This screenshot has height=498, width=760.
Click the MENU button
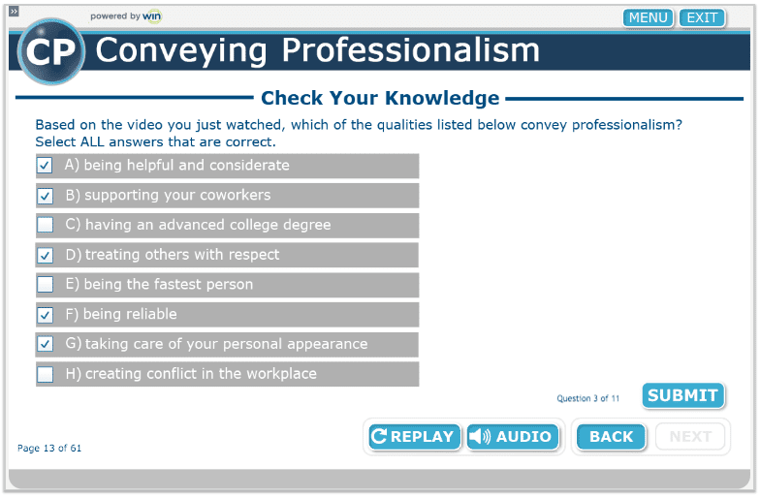click(x=649, y=17)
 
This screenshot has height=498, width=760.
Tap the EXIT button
click(x=702, y=17)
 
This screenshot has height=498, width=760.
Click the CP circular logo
click(x=50, y=51)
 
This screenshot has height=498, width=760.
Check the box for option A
click(x=46, y=166)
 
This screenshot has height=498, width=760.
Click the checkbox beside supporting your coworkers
click(x=46, y=196)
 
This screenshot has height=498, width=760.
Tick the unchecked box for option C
click(x=46, y=226)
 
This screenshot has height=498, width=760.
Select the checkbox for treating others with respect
click(x=46, y=256)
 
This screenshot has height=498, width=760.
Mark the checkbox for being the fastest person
click(x=46, y=285)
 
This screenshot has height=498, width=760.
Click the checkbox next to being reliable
click(x=46, y=315)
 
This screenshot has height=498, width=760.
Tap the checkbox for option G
click(x=46, y=344)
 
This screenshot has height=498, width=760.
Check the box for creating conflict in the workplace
click(x=46, y=374)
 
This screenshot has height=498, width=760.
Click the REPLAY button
click(x=413, y=437)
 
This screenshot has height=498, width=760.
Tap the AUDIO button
click(x=513, y=437)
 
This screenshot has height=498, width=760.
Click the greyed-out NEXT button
click(x=690, y=437)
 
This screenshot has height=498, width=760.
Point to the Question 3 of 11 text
click(x=587, y=398)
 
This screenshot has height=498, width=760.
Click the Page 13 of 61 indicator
click(x=49, y=449)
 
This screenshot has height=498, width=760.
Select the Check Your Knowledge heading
click(x=380, y=98)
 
